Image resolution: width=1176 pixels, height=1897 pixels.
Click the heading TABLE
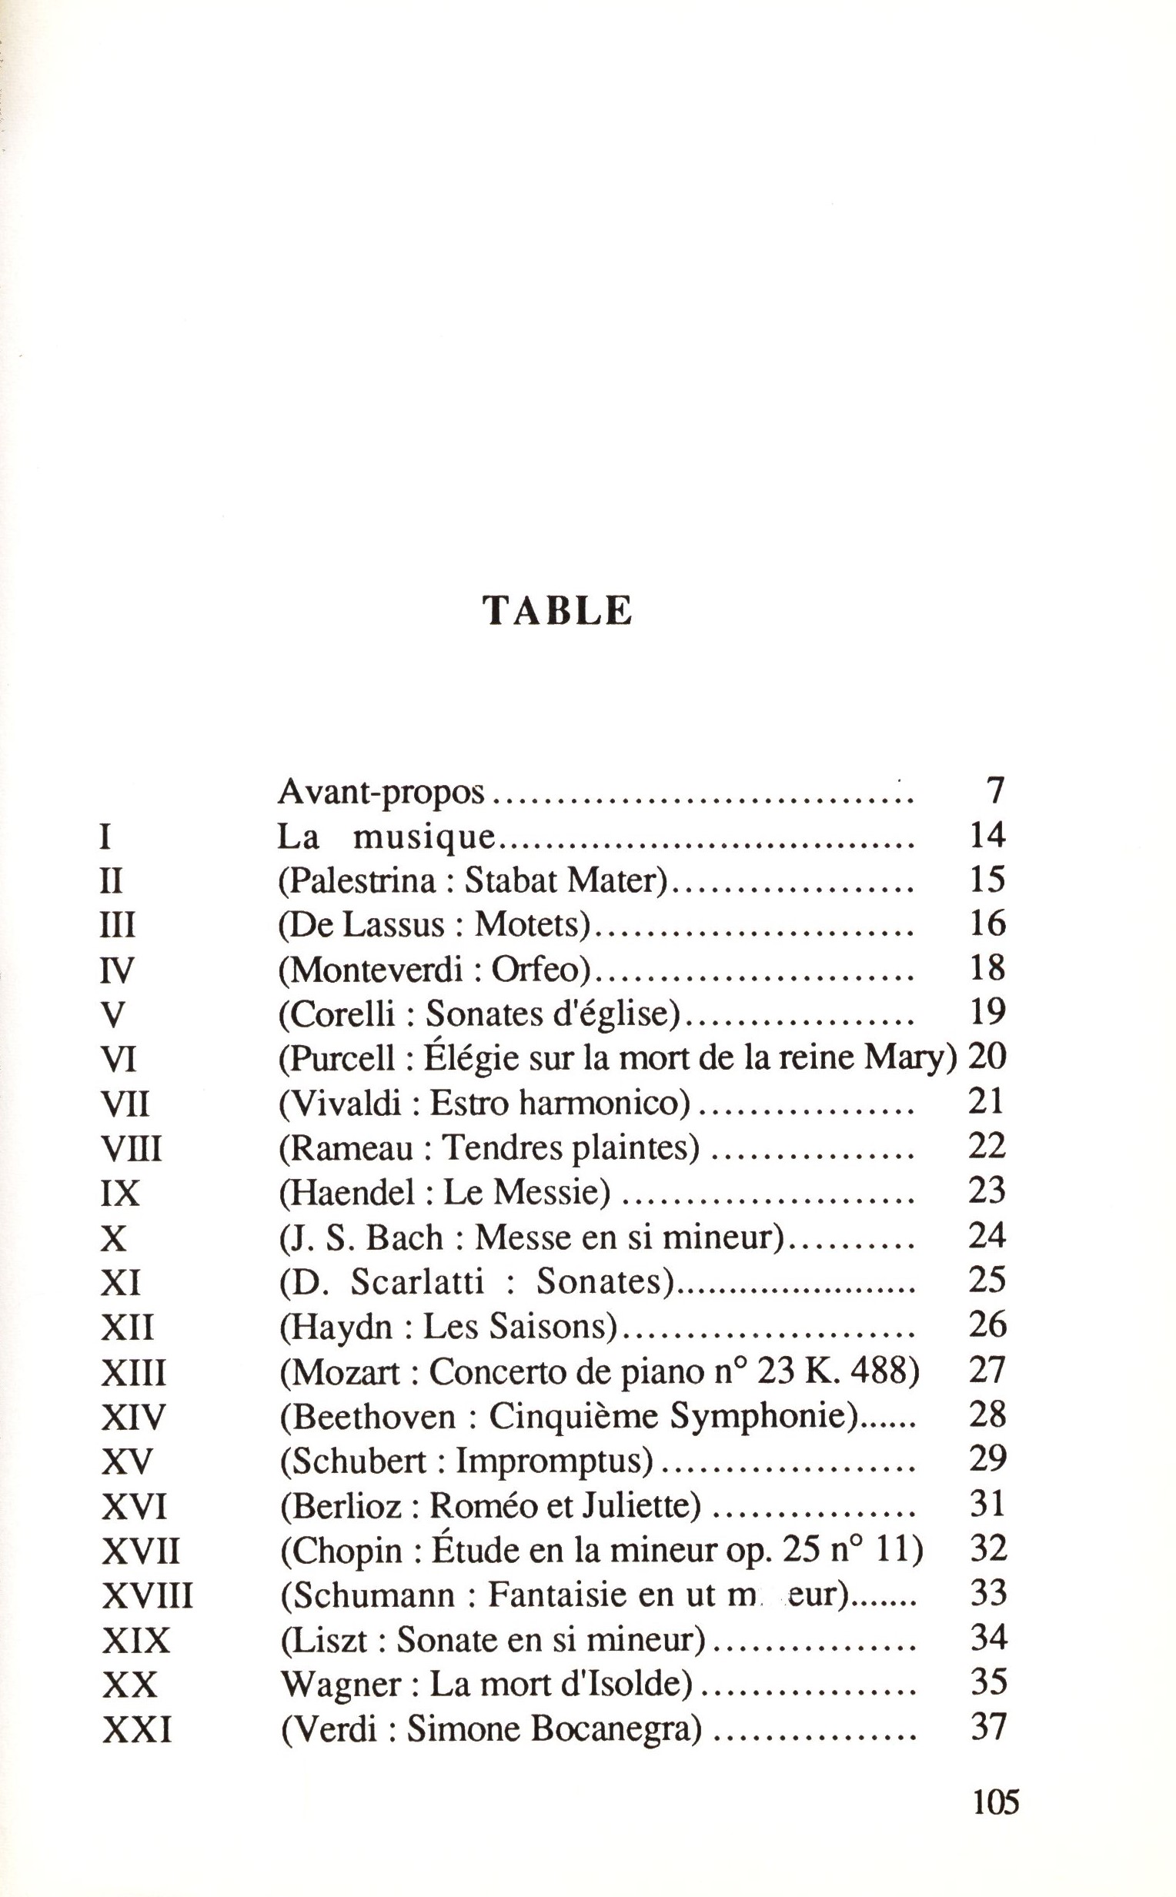point(558,610)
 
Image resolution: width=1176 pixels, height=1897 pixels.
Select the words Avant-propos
point(381,793)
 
